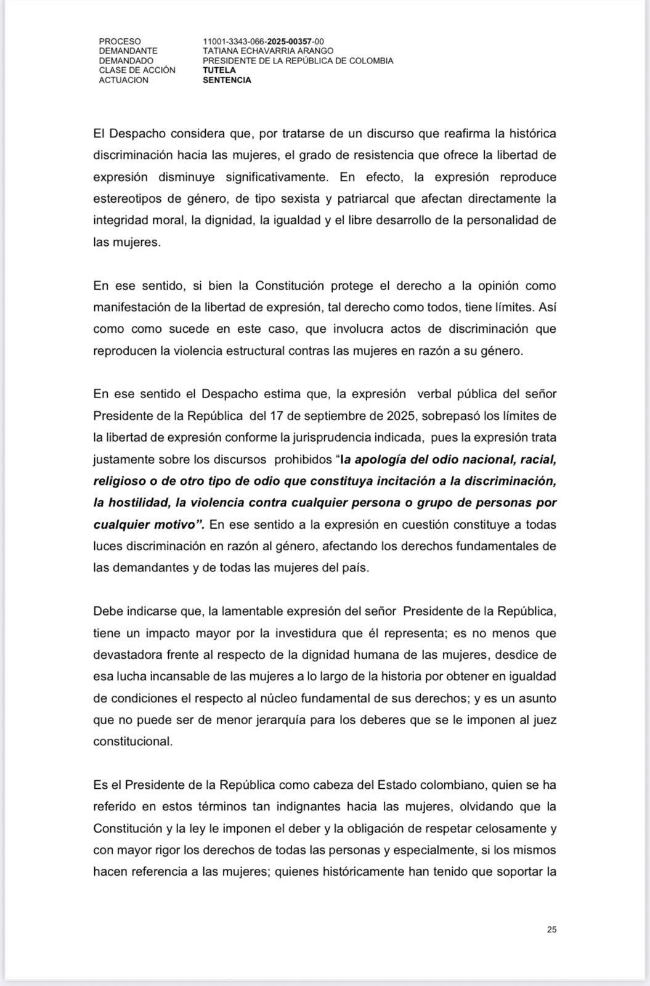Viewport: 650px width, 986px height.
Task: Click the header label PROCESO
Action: click(x=120, y=41)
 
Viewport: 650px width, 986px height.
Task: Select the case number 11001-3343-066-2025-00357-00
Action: click(x=263, y=41)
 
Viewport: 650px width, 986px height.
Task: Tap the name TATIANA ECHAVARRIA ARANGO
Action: click(x=268, y=51)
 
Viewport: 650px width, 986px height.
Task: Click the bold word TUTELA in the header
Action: click(x=219, y=70)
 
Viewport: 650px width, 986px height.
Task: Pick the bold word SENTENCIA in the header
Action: click(x=227, y=80)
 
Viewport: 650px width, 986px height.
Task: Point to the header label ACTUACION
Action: click(x=123, y=80)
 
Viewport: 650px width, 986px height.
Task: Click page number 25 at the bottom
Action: click(x=551, y=930)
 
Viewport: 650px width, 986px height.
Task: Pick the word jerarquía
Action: click(x=309, y=719)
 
